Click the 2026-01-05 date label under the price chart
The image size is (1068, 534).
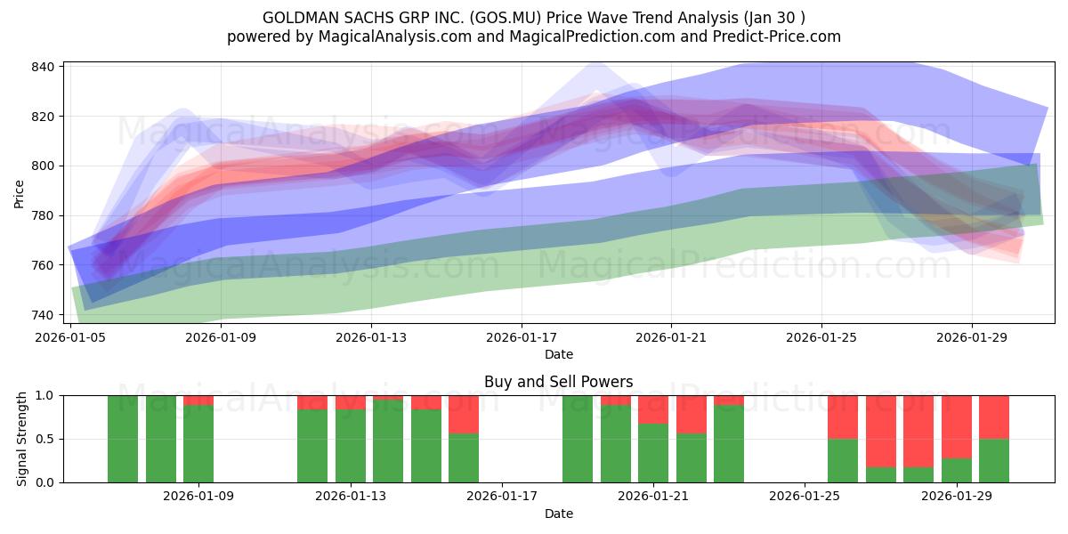pos(70,338)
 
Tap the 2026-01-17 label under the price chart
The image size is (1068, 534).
pos(521,338)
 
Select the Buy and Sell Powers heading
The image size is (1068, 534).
pos(558,382)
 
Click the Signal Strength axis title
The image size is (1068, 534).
pos(23,439)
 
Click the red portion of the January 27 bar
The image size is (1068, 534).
pos(881,431)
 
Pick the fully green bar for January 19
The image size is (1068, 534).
pos(578,439)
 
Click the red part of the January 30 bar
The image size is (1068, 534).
pos(994,417)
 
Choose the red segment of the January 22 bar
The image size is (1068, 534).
pos(692,414)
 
